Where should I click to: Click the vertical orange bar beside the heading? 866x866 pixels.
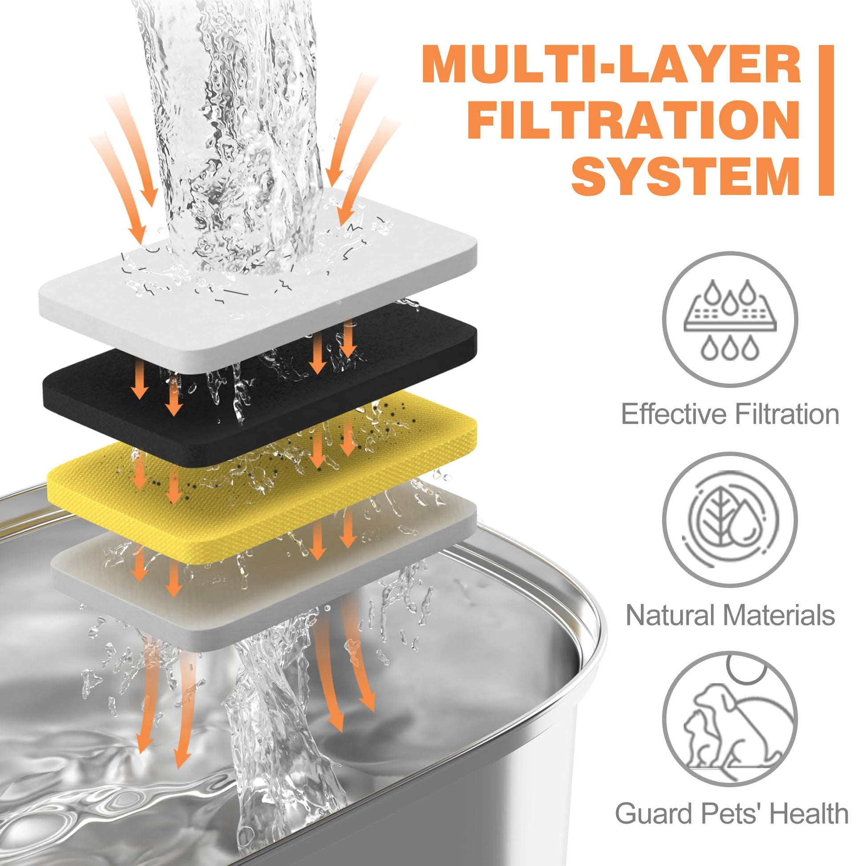tap(826, 120)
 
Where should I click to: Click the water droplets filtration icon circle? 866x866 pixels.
tap(730, 319)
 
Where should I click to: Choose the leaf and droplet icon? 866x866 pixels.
tap(730, 519)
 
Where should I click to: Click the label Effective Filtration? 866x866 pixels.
tap(730, 414)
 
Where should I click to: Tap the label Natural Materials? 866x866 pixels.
tap(730, 615)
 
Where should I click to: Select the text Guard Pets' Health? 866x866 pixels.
tap(731, 813)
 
